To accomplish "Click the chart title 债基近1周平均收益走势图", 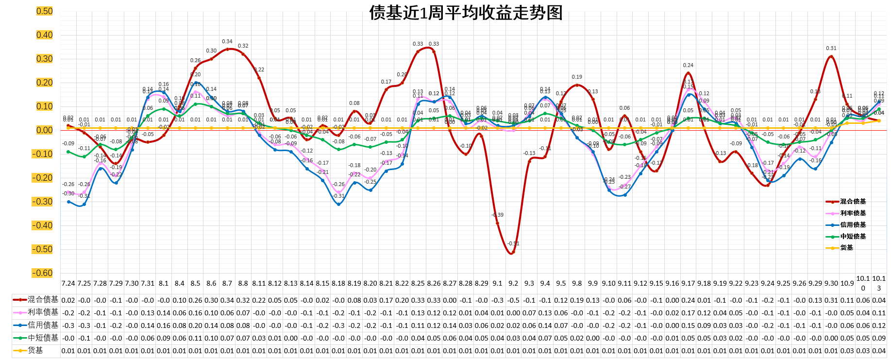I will tap(466, 13).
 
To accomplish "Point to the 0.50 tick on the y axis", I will tap(44, 11).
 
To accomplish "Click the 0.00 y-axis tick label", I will tap(44, 130).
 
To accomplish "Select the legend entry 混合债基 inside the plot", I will tap(853, 201).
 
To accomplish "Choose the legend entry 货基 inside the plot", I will tap(846, 247).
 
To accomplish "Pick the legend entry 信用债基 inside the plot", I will tap(853, 224).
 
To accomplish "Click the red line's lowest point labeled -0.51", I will tap(512, 253).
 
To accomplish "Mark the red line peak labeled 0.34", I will tap(227, 49).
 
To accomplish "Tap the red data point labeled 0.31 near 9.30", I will tap(831, 56).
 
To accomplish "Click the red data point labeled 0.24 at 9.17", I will tap(688, 73).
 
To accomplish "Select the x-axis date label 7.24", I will tap(68, 283).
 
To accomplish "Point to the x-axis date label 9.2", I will tap(513, 283).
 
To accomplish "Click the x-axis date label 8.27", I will tap(450, 283).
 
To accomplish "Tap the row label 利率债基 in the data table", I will tap(43, 312).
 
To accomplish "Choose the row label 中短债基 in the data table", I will tap(43, 338).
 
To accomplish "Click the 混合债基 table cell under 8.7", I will tap(227, 300).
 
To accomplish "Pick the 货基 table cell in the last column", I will tap(879, 351).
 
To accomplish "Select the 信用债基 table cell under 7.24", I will tap(68, 326).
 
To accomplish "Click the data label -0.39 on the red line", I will tap(498, 215).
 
